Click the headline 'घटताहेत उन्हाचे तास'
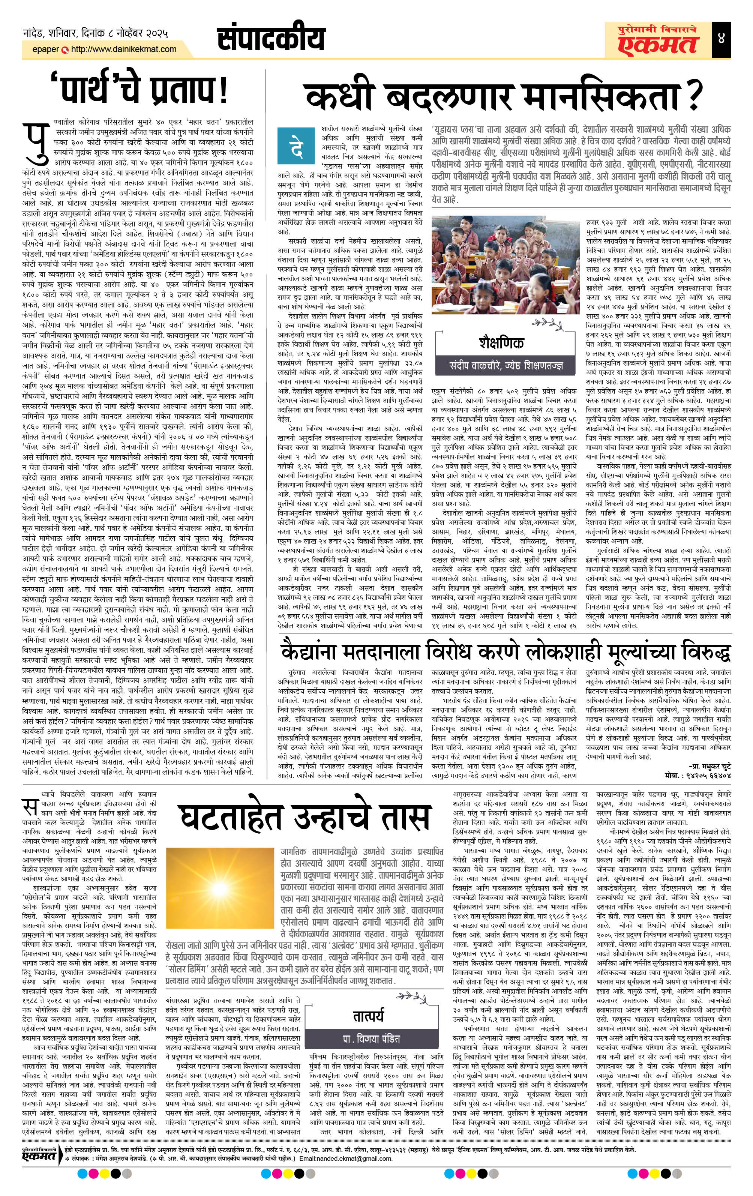(304, 818)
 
